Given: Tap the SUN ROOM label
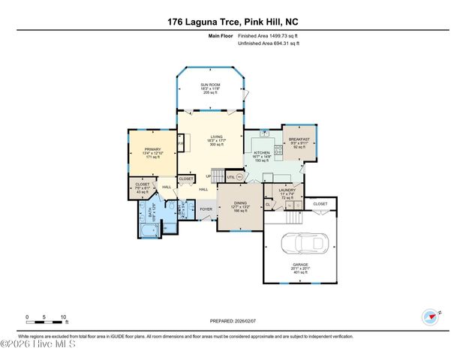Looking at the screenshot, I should pyautogui.click(x=209, y=85).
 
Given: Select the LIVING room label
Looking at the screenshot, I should pyautogui.click(x=217, y=139).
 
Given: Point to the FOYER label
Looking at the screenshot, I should pyautogui.click(x=205, y=208).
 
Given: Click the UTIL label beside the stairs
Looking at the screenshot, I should pyautogui.click(x=230, y=177).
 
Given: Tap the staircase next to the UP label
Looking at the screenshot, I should pyautogui.click(x=218, y=176).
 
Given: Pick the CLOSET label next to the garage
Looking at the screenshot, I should pyautogui.click(x=320, y=203).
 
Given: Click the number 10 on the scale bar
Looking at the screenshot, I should pyautogui.click(x=64, y=316).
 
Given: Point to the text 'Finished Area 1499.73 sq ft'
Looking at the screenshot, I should pyautogui.click(x=269, y=34).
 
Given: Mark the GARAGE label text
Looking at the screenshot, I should pyautogui.click(x=299, y=264).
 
